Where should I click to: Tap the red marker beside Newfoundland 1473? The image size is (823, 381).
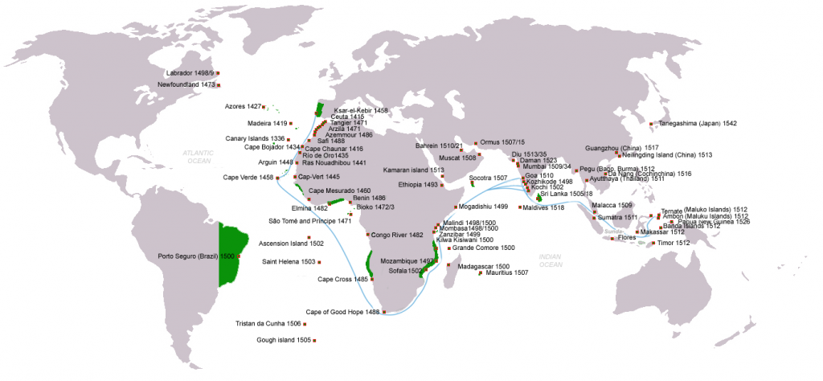point(217,84)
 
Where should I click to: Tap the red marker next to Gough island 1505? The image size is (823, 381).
point(315,341)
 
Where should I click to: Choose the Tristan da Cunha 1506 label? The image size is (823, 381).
point(268,323)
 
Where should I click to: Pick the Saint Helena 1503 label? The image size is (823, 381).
point(289,262)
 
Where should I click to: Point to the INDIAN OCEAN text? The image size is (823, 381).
point(551,260)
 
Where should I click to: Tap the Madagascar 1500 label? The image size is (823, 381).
point(483,266)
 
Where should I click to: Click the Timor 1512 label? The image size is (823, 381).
point(673,243)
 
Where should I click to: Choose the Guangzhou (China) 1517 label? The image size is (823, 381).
point(622,148)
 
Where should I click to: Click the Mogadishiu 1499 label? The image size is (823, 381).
point(482,207)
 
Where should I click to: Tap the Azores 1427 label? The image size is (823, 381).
point(244,106)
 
